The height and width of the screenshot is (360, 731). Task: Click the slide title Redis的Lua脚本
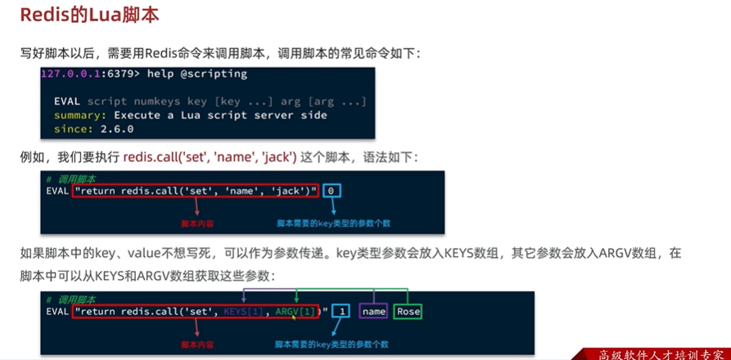pos(90,16)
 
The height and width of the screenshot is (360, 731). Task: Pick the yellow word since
pos(70,128)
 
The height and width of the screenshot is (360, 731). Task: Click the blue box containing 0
pos(331,191)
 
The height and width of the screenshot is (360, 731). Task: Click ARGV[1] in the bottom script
pos(296,311)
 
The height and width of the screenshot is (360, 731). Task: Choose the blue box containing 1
pos(341,311)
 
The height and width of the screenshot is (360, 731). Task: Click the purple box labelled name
pos(373,311)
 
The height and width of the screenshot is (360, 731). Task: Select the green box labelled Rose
pos(407,311)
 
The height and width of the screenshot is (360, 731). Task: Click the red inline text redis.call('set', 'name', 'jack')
pos(210,155)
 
